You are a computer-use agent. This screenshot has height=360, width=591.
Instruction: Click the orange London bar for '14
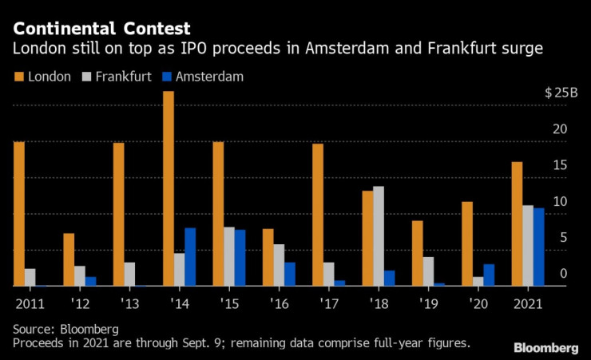pyautogui.click(x=169, y=188)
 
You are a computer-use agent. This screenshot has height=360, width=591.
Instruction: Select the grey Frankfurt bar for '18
pyautogui.click(x=379, y=236)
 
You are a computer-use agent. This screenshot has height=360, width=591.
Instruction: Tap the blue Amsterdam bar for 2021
pyautogui.click(x=539, y=247)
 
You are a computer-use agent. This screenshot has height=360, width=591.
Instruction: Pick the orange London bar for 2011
pyautogui.click(x=18, y=214)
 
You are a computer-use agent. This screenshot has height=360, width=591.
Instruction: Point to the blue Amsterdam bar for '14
pyautogui.click(x=190, y=257)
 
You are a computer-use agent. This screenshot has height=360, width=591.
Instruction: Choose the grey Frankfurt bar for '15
pyautogui.click(x=229, y=256)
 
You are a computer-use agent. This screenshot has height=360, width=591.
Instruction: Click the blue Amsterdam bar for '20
pyautogui.click(x=489, y=275)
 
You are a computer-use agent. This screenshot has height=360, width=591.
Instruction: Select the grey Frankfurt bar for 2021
pyautogui.click(x=528, y=245)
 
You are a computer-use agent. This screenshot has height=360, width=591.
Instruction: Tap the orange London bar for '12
pyautogui.click(x=69, y=259)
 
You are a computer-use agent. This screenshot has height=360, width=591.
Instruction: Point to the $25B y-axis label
pyautogui.click(x=561, y=93)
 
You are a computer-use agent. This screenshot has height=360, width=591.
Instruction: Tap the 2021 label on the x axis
pyautogui.click(x=529, y=304)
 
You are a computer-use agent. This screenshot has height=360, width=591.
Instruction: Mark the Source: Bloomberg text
pyautogui.click(x=66, y=329)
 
